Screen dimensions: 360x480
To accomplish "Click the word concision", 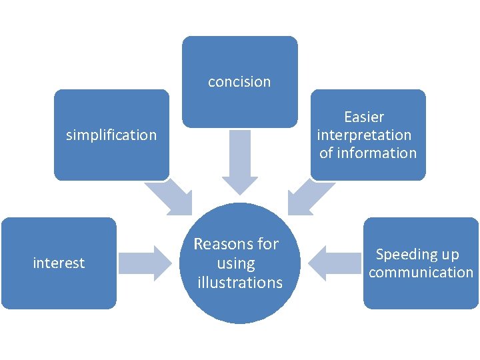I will [x=239, y=82].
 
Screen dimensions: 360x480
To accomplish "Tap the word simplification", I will [x=111, y=135].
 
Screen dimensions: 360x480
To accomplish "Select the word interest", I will [x=59, y=263].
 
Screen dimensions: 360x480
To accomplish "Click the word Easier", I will [x=364, y=117].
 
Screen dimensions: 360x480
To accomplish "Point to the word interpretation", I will [x=364, y=135].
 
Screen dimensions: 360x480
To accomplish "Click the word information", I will [x=377, y=153].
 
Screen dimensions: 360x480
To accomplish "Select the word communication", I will [x=421, y=272].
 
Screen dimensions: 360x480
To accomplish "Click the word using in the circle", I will [x=236, y=263].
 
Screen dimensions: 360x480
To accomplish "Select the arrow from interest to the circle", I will [x=144, y=263].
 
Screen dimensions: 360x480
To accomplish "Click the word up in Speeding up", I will [x=451, y=254].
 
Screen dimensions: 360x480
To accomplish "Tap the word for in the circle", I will [x=267, y=244].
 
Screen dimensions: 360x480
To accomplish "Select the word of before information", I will [x=326, y=153].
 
